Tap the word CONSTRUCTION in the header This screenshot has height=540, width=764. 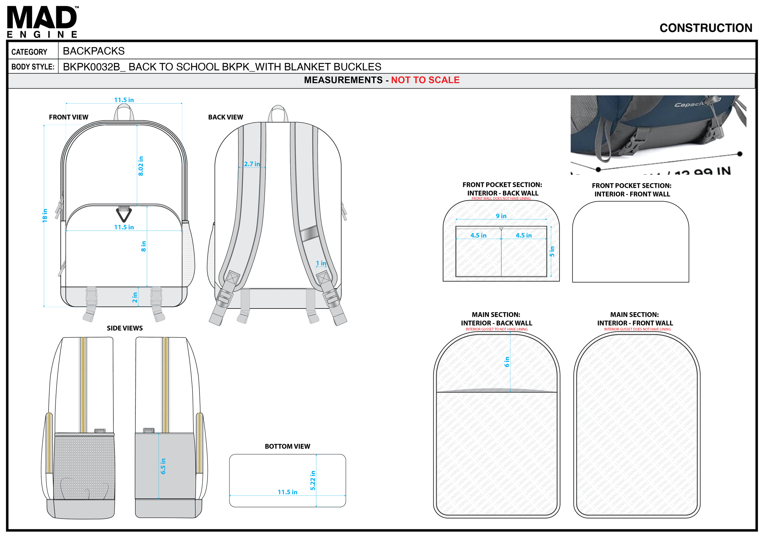click(705, 28)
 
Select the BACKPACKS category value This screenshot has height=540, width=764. click(94, 51)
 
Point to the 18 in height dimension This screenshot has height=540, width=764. click(45, 215)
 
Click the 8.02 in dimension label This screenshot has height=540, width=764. click(141, 166)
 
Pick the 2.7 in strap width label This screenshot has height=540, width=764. click(252, 164)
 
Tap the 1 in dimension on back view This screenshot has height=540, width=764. click(321, 263)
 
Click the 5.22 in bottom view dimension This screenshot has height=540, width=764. click(313, 480)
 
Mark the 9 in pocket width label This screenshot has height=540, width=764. click(501, 216)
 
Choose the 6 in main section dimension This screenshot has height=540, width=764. click(507, 361)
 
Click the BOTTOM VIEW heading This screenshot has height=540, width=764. click(287, 446)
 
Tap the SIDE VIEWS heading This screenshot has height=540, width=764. click(124, 328)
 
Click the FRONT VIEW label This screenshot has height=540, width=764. click(68, 117)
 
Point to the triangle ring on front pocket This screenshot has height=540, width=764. click(124, 214)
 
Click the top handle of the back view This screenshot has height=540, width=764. click(278, 113)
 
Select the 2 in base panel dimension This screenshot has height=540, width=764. click(134, 297)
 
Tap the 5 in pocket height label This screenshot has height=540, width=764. click(552, 251)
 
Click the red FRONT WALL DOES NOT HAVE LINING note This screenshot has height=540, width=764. click(501, 199)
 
